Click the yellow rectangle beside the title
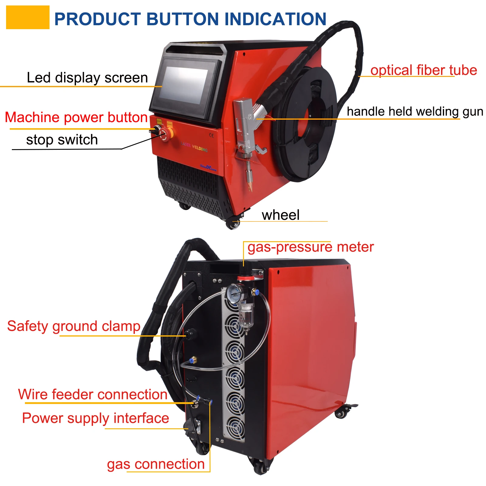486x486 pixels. [28, 18]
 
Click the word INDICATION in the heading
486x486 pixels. [275, 19]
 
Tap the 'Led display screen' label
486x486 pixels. [87, 78]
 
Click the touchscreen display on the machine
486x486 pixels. [184, 85]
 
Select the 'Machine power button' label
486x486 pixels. [76, 117]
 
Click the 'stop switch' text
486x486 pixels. [62, 140]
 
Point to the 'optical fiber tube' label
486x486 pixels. [423, 70]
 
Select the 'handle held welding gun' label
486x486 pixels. [415, 111]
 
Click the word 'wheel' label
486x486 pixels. [280, 215]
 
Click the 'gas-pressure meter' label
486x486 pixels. [310, 247]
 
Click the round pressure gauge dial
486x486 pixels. [233, 293]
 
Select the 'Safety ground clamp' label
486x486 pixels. [74, 326]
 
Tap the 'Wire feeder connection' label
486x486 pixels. [93, 395]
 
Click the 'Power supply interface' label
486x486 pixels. [95, 418]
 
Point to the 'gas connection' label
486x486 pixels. [156, 464]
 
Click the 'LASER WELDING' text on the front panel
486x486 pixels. [194, 147]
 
